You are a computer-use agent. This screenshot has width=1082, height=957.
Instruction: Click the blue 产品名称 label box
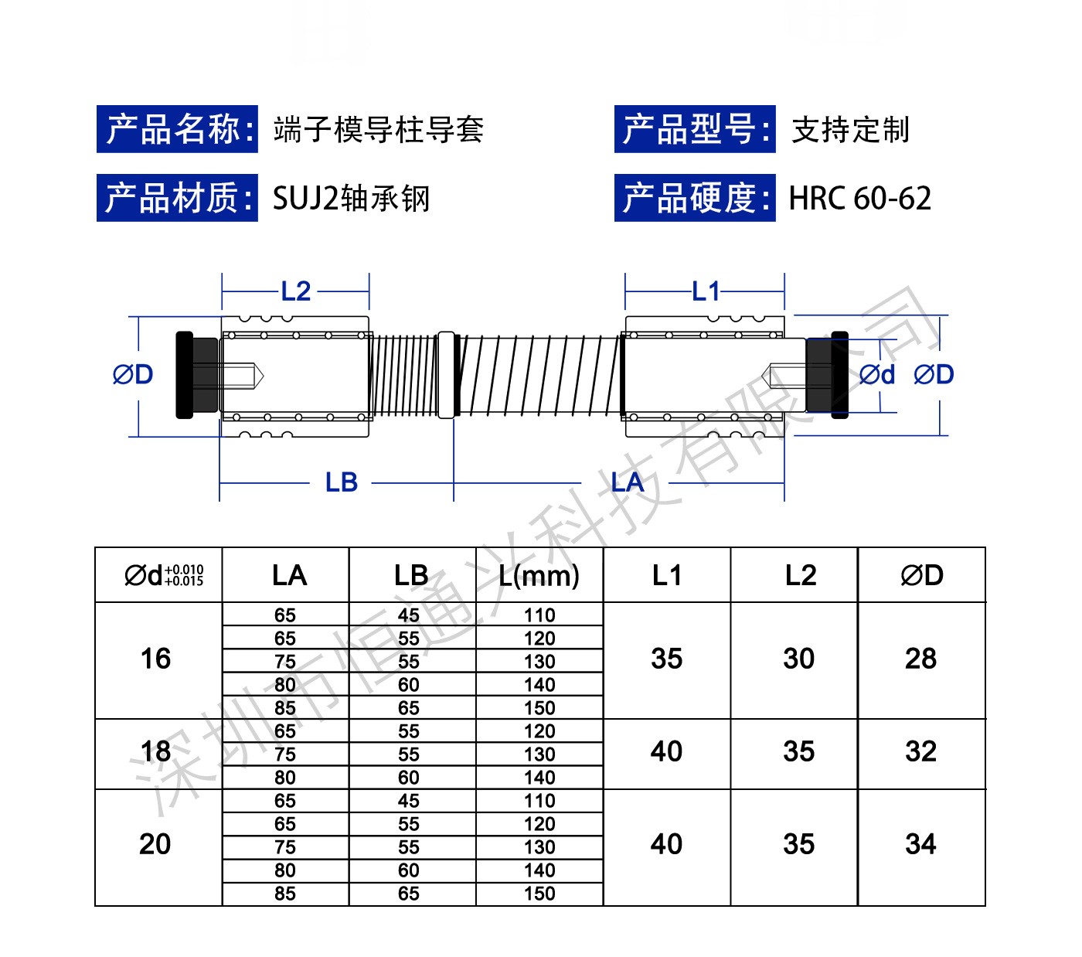pyautogui.click(x=177, y=129)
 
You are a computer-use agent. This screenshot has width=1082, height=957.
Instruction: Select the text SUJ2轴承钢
pyautogui.click(x=351, y=199)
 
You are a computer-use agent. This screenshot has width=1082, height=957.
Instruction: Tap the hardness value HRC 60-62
pyautogui.click(x=859, y=199)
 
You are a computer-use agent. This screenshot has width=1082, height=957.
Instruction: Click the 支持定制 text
pyautogui.click(x=850, y=129)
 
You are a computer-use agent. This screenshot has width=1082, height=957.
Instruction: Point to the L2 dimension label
pyautogui.click(x=296, y=291)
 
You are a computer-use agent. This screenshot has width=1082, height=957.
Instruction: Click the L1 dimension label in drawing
pyautogui.click(x=706, y=291)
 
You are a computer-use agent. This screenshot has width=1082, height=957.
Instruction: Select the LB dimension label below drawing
pyautogui.click(x=341, y=482)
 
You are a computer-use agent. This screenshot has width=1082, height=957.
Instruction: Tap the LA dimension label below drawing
pyautogui.click(x=627, y=482)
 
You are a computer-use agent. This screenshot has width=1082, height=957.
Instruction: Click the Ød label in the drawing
pyautogui.click(x=876, y=375)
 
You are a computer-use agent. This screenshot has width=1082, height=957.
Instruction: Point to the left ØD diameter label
pyautogui.click(x=133, y=375)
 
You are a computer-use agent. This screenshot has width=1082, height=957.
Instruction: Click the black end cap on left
pyautogui.click(x=185, y=375)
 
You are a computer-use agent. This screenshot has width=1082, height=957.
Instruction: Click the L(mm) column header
pyautogui.click(x=539, y=575)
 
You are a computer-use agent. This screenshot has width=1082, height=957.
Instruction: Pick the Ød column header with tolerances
pyautogui.click(x=163, y=575)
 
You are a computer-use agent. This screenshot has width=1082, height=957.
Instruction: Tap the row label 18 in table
pyautogui.click(x=155, y=751)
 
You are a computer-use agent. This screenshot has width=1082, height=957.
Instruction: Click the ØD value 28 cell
pyautogui.click(x=920, y=659)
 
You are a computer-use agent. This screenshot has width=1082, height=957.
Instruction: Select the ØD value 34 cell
pyautogui.click(x=920, y=844)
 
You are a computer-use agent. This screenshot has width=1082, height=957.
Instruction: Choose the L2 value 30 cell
pyautogui.click(x=798, y=659)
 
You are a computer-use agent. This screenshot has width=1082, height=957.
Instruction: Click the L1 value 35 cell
pyautogui.click(x=666, y=659)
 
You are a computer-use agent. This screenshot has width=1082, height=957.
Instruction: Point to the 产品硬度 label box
pyautogui.click(x=695, y=199)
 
